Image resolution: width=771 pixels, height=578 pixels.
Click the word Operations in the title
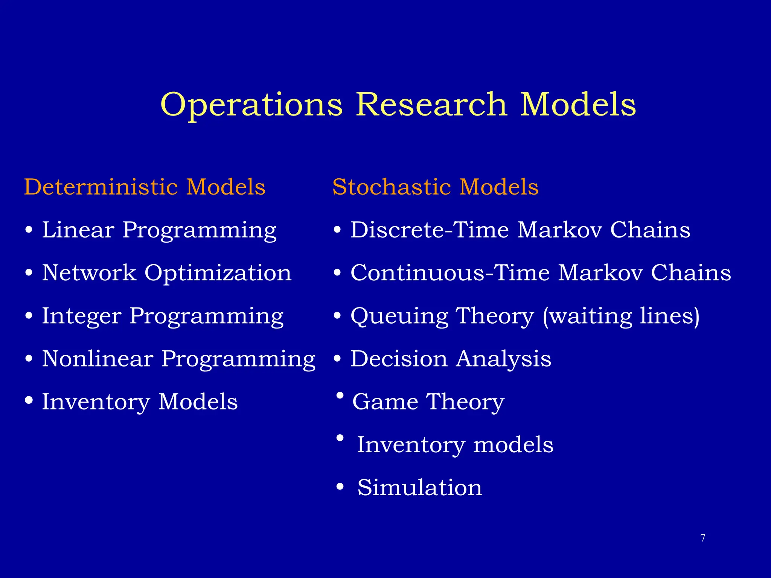[x=251, y=105]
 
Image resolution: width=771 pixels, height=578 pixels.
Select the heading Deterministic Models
[x=145, y=187]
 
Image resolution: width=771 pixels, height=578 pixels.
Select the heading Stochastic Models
[x=435, y=187]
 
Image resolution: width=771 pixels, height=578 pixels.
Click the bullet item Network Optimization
[x=166, y=273]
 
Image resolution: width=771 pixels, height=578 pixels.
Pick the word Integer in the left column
[x=82, y=316]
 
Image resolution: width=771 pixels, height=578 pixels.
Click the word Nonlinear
[x=98, y=359]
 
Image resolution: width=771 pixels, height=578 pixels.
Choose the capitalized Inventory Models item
[x=140, y=402]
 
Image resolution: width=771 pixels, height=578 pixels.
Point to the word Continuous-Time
[x=450, y=273]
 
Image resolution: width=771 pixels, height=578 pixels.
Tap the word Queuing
[x=399, y=316]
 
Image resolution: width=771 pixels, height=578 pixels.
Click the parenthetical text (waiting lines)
[x=621, y=316]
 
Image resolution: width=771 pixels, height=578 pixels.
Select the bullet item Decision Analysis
[x=451, y=359]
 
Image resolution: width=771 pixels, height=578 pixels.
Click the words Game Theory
[x=428, y=402]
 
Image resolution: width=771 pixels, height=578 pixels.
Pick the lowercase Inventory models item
[x=455, y=445]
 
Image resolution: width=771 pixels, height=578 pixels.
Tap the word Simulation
[x=419, y=488]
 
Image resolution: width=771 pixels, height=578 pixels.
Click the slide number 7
[x=702, y=538]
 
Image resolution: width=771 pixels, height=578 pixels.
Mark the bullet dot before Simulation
[x=340, y=487]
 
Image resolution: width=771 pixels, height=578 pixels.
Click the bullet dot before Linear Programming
[x=29, y=230]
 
